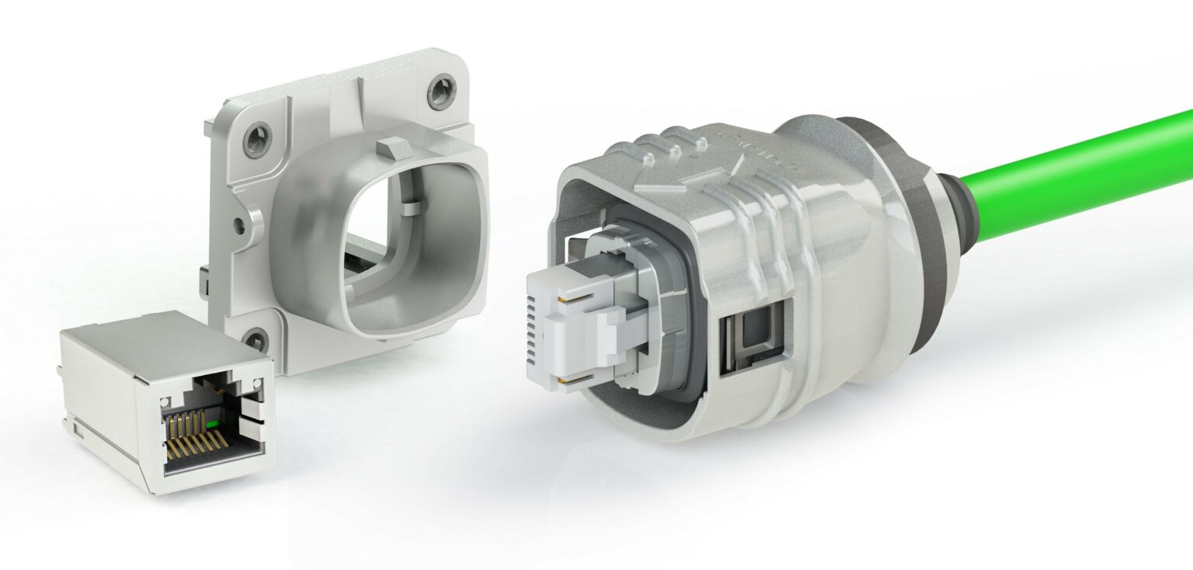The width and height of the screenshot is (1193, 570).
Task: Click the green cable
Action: pos(1087,175)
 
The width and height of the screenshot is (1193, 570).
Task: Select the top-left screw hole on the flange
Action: pos(256,141)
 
